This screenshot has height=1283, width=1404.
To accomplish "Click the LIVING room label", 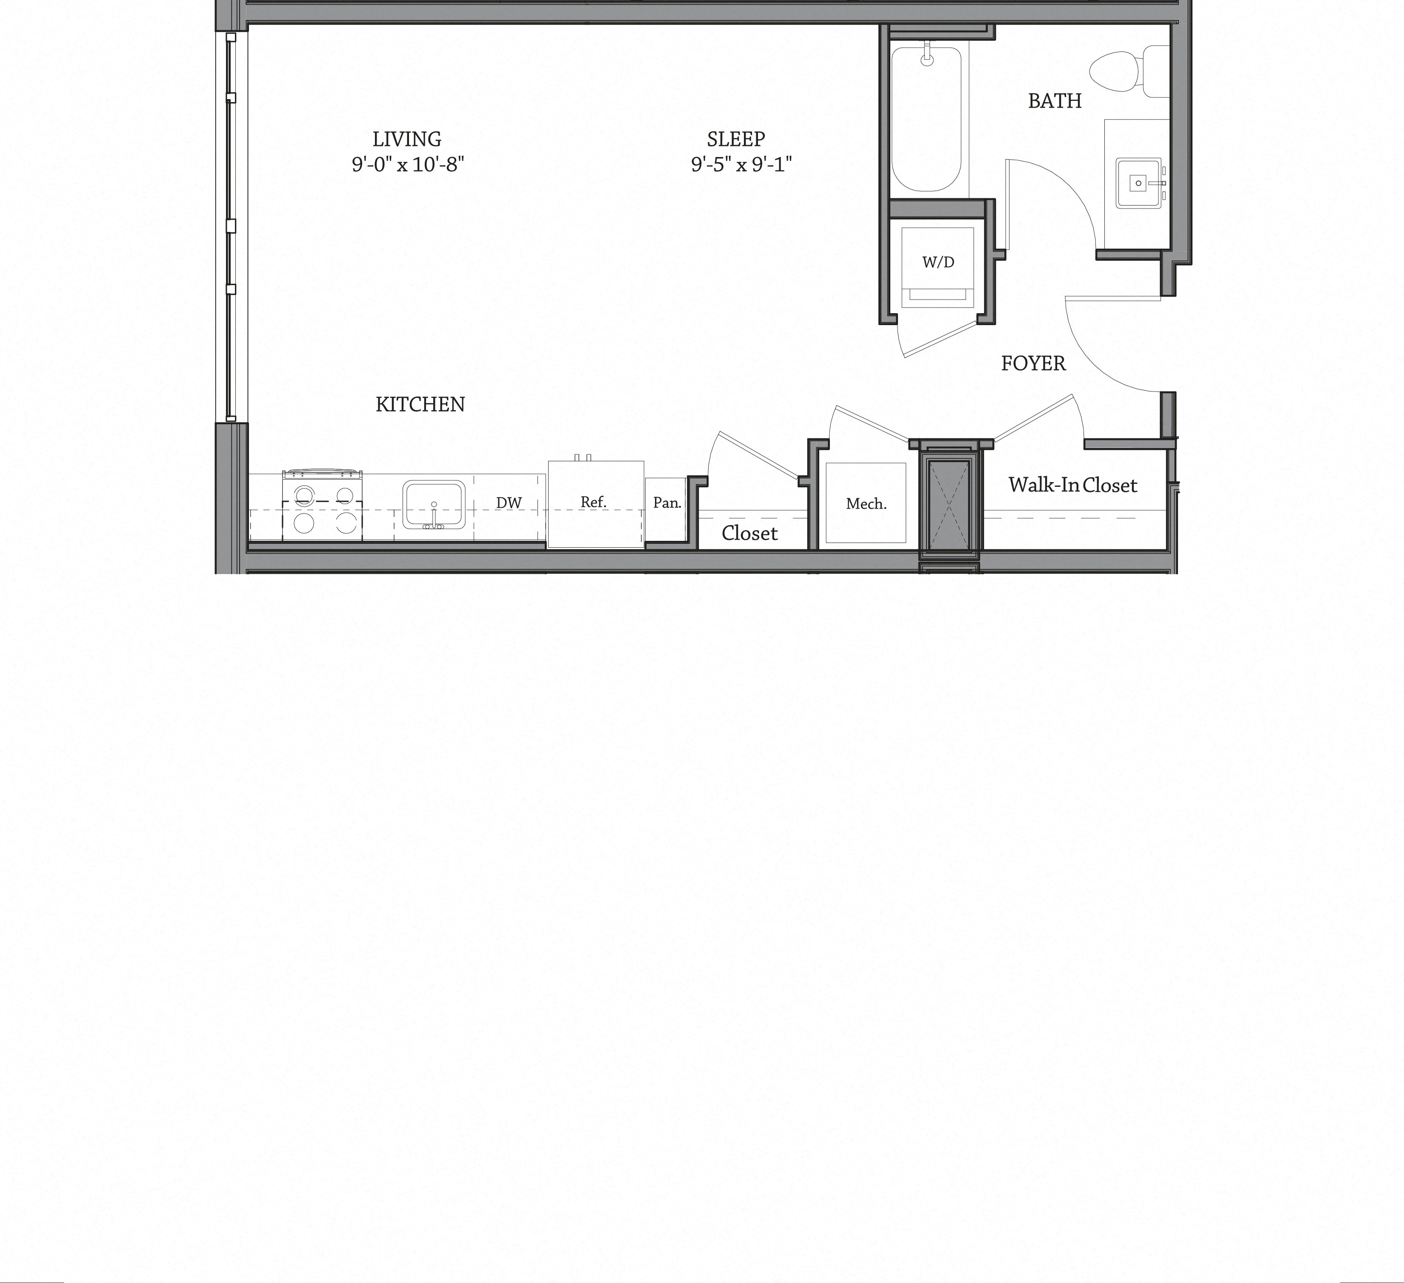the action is [407, 139].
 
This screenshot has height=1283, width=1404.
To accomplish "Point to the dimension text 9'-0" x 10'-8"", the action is [407, 164].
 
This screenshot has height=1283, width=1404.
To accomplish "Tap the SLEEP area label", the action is [736, 139].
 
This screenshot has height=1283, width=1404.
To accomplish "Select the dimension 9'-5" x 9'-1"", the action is [741, 164].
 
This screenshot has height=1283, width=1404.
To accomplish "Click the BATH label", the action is [1055, 101].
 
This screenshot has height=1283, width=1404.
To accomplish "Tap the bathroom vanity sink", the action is [1139, 183].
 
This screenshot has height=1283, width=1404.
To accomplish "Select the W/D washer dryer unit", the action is [938, 266].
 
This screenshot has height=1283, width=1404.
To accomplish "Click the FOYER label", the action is [1033, 363].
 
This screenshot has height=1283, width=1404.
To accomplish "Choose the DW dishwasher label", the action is [509, 503].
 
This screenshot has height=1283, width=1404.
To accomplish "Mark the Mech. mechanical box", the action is [866, 503].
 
